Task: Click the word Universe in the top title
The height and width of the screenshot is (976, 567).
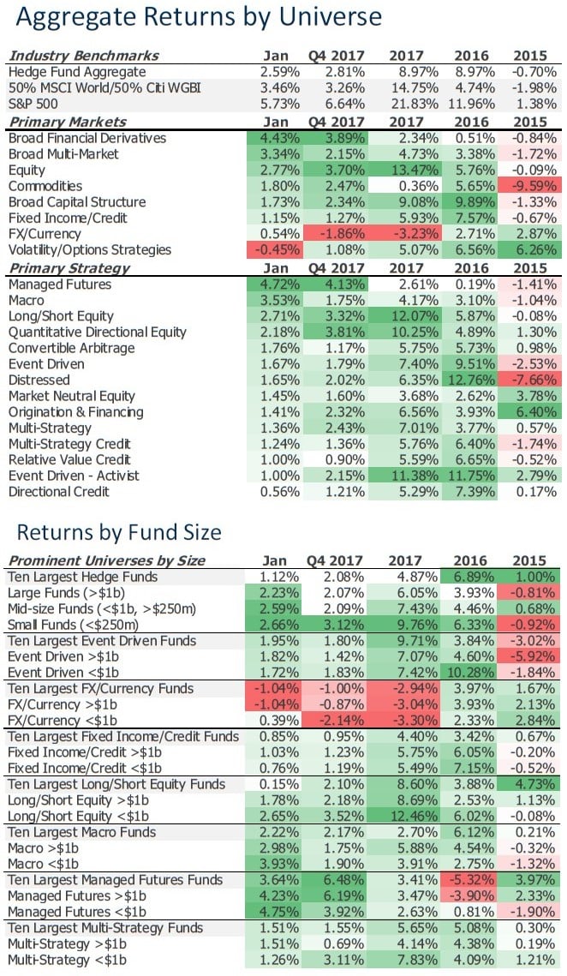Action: [x=318, y=18]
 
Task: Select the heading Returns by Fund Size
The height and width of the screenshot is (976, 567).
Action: [x=119, y=532]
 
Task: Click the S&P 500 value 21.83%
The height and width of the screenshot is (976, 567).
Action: [x=407, y=104]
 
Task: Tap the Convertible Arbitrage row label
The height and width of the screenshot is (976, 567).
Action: [x=71, y=348]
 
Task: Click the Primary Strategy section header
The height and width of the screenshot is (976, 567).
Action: [x=69, y=267]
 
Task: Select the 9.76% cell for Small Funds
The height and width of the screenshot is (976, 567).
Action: [x=407, y=625]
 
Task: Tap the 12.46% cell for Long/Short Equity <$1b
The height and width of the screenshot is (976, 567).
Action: [x=407, y=816]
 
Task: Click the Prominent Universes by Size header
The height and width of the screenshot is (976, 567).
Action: [x=106, y=560]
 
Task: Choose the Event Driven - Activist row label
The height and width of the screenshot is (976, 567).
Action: [x=74, y=476]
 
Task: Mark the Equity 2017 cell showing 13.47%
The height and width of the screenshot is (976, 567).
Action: [x=407, y=170]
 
